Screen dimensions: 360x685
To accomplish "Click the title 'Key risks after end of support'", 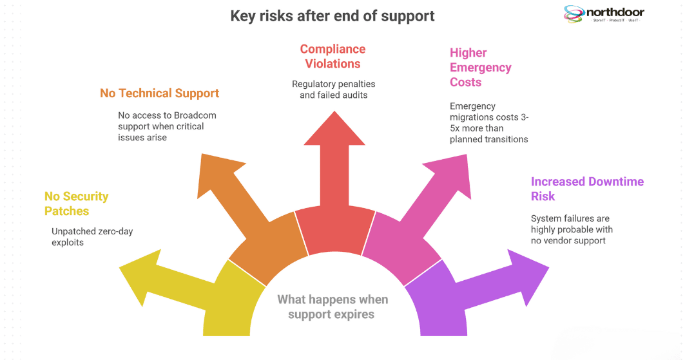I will click(333, 16).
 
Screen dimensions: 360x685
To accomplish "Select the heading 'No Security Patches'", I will click(76, 204).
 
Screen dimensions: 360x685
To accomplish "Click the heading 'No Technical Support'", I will click(159, 93).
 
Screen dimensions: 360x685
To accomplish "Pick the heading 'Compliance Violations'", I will click(333, 57).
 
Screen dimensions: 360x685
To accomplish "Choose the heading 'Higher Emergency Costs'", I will click(480, 67).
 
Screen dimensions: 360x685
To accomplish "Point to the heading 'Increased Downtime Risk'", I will click(586, 189).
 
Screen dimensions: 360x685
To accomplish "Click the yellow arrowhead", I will click(139, 270).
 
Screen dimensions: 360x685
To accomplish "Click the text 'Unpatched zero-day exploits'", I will click(92, 236).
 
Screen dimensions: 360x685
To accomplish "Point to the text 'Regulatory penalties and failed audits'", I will click(333, 90).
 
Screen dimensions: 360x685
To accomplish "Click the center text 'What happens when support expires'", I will click(333, 307).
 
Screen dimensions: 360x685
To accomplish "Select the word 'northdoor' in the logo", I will click(615, 12).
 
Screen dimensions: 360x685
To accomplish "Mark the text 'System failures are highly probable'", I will click(571, 224).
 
